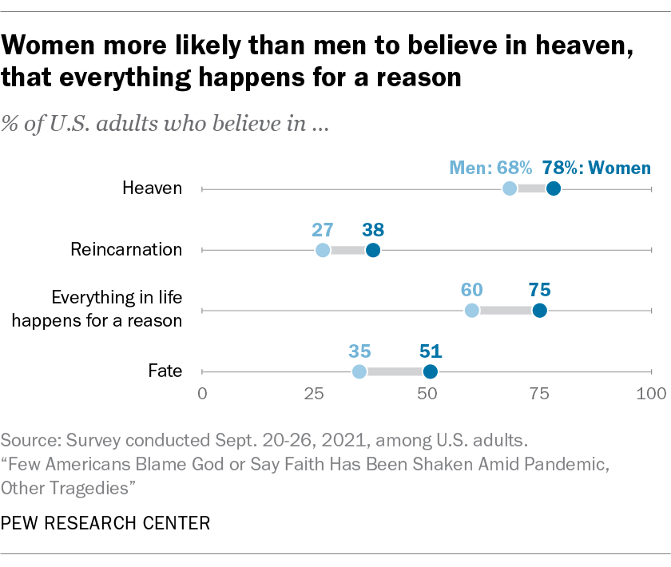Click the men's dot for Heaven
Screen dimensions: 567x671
click(x=510, y=188)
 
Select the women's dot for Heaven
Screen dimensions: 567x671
click(x=554, y=188)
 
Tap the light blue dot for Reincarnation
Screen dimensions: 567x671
click(x=323, y=250)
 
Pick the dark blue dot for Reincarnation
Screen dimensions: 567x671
click(x=373, y=250)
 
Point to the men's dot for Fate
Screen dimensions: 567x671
click(x=359, y=371)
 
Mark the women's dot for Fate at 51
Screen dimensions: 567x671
click(x=431, y=371)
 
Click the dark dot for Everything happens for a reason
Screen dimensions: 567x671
click(x=540, y=311)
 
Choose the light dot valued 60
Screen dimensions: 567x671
click(x=472, y=311)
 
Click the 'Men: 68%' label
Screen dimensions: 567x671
click(x=490, y=168)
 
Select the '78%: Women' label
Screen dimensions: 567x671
click(x=597, y=168)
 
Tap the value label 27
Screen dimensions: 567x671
click(x=323, y=229)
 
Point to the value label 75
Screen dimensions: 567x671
click(x=540, y=290)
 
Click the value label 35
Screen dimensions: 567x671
click(x=359, y=351)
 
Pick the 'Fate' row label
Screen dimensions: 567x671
click(x=165, y=371)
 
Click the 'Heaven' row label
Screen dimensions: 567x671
click(x=153, y=189)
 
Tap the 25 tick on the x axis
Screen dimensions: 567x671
click(x=314, y=393)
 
